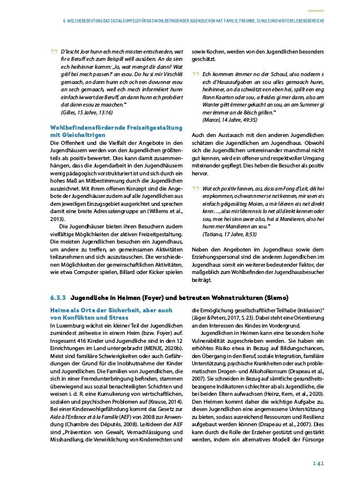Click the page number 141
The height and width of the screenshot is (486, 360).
pos(318,463)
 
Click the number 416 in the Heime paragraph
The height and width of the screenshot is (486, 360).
pos(82,341)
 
